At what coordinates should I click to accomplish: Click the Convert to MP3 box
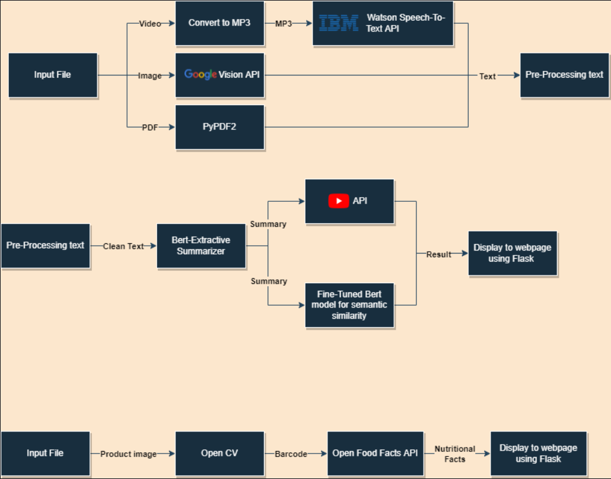tap(219, 23)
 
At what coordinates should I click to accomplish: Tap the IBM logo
tap(339, 23)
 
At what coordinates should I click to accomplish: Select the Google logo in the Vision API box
tap(200, 75)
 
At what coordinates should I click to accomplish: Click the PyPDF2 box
tap(219, 126)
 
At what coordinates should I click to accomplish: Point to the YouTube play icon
tap(339, 201)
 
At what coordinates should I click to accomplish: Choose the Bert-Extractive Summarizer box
tap(201, 246)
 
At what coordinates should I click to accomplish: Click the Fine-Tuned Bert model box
tap(349, 305)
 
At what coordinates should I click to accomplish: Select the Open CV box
tap(219, 453)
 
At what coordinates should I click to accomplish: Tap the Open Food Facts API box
tap(375, 453)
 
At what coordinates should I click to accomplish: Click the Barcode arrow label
tap(291, 454)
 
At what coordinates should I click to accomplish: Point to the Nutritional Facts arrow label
tap(455, 454)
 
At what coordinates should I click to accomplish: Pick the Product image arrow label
tap(128, 454)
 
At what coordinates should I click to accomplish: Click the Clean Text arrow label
tap(123, 246)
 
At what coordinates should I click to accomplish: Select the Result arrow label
tap(439, 255)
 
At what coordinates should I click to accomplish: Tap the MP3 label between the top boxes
tap(284, 24)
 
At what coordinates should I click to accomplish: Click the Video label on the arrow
tap(150, 24)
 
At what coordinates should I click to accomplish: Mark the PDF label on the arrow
tap(150, 127)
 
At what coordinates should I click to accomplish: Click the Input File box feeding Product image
tap(45, 453)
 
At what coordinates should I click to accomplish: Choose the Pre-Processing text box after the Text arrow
tap(564, 75)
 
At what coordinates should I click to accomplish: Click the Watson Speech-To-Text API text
tap(406, 23)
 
